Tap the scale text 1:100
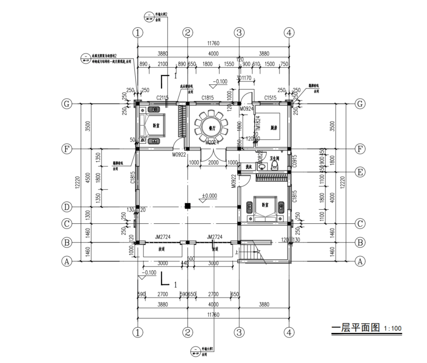(393, 328)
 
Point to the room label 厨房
(272, 128)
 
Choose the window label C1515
(271, 98)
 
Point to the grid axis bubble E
(360, 172)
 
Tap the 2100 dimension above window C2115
(162, 64)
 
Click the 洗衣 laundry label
(248, 167)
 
